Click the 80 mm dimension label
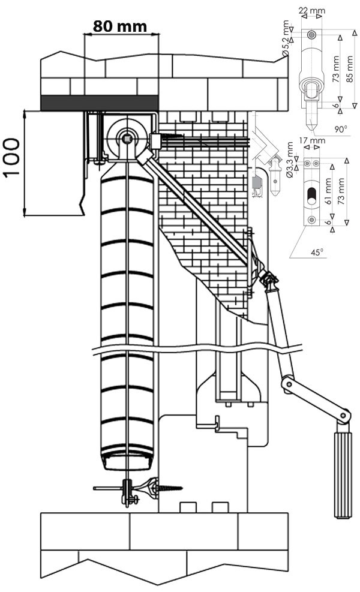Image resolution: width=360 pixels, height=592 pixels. pos(120,26)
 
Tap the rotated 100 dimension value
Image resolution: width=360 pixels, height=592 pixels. pos(11,157)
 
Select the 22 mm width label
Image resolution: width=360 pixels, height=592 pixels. pos(311,11)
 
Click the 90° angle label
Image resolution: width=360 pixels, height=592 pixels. pos(340,129)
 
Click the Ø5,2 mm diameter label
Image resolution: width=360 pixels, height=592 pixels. pos(286,38)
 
